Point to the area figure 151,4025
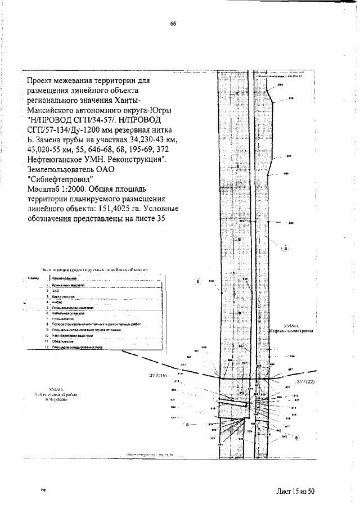[123, 209]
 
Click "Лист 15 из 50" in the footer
[295, 492]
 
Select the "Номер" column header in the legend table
[32, 278]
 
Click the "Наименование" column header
[64, 278]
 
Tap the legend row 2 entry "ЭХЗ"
[56, 290]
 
